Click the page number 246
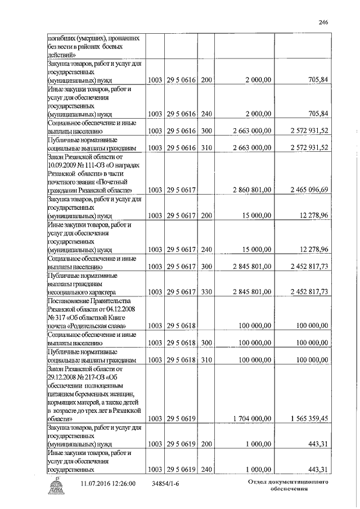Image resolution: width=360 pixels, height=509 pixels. tap(323, 22)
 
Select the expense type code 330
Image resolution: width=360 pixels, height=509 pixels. tap(206, 292)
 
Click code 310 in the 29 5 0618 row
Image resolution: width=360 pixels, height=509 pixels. tap(206, 359)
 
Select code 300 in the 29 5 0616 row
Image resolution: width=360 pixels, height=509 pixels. tap(206, 130)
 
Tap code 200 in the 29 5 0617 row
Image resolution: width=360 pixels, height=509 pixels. tap(206, 215)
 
